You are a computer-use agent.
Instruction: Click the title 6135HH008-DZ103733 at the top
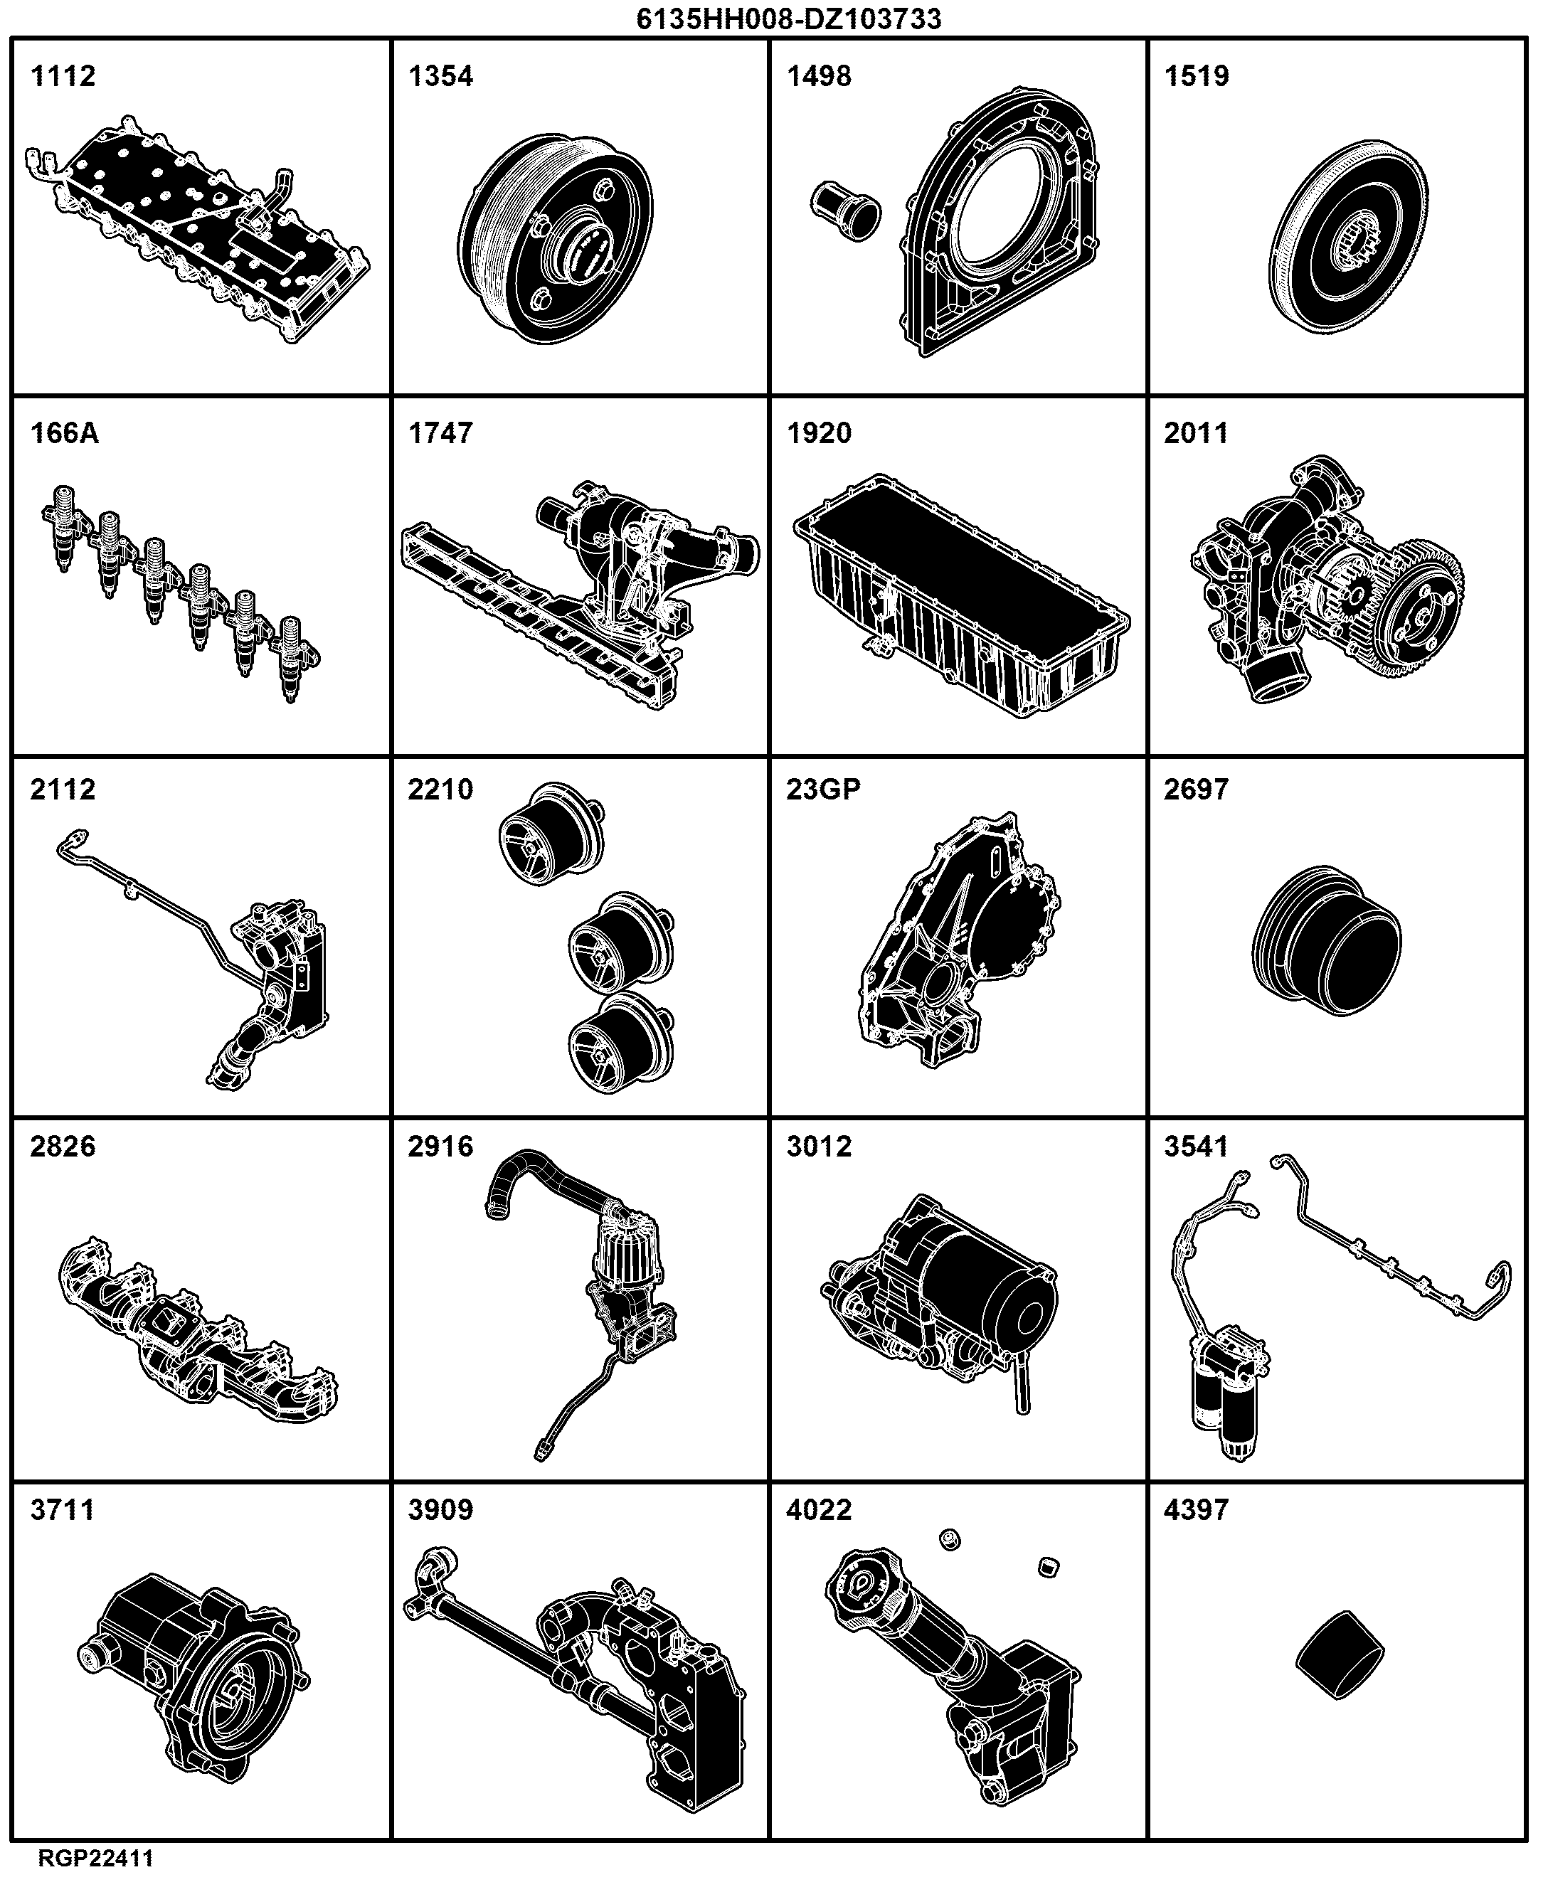click(x=788, y=18)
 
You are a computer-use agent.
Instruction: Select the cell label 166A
click(x=64, y=433)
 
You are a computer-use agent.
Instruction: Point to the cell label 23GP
click(x=823, y=789)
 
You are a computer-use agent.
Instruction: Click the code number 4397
click(x=1197, y=1509)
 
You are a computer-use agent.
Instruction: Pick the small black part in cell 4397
click(x=1340, y=1654)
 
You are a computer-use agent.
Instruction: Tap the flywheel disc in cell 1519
click(x=1347, y=236)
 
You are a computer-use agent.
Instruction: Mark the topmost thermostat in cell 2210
click(x=550, y=834)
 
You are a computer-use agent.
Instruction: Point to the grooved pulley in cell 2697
click(x=1326, y=940)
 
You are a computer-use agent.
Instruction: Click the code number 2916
click(x=440, y=1146)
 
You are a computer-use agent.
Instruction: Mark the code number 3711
click(x=63, y=1509)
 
